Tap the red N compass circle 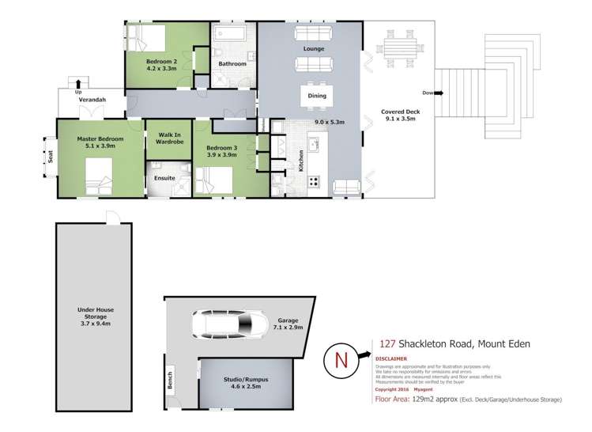341,358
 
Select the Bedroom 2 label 164,62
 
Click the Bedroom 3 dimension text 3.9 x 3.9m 222,155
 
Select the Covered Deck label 400,112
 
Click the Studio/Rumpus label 246,380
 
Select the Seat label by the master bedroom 50,156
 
